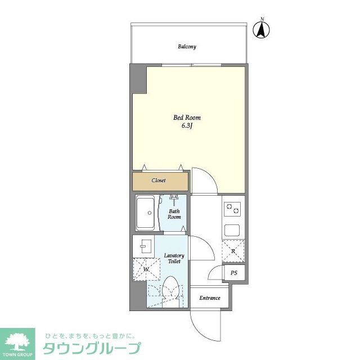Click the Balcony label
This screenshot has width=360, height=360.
coord(187,47)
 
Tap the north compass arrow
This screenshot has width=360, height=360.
coord(262,29)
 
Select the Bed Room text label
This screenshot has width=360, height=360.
coord(187,118)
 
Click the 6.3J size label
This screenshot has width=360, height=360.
coord(187,127)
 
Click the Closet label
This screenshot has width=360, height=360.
coord(159,181)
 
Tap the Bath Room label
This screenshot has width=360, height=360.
coord(174,214)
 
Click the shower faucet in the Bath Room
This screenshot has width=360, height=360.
coord(173,199)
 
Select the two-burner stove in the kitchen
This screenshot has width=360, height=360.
coord(233,209)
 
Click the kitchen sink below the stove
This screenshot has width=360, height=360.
coord(233,230)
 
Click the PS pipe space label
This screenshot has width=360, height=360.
coord(234,273)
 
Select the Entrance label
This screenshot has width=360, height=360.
coord(210,298)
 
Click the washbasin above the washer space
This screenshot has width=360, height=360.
coord(145,245)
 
